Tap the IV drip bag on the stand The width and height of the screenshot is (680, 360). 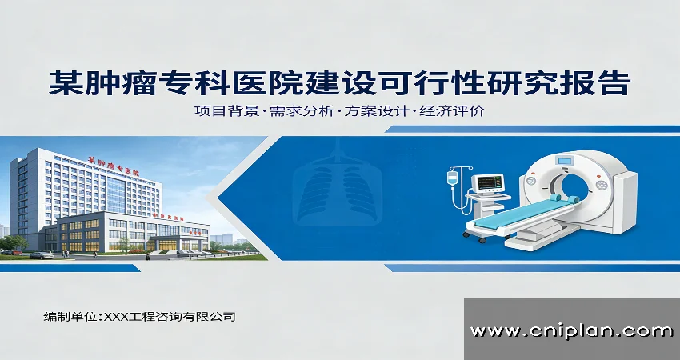[453, 177]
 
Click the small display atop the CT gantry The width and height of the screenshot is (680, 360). [566, 160]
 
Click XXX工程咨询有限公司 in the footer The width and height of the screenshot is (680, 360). [167, 317]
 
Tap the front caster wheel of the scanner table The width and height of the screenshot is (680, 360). [482, 239]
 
